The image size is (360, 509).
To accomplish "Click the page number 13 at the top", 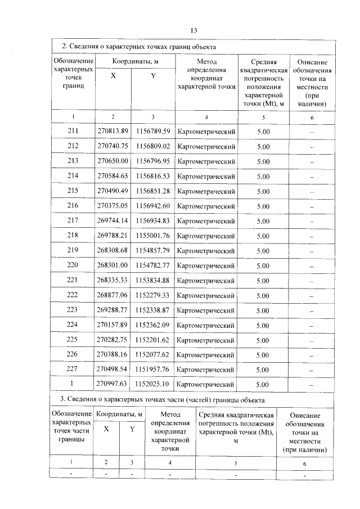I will point(193,30).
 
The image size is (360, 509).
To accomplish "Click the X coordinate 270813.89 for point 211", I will point(113,132).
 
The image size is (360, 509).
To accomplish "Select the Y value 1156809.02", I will point(152,146).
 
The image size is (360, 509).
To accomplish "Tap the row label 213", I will point(73,161).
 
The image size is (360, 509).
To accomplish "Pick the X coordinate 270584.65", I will point(113,176).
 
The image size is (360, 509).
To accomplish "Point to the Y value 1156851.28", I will point(152,191).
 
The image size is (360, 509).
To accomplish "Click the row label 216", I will point(73,206).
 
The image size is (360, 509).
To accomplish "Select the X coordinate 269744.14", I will point(113,221).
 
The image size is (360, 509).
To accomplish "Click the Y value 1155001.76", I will point(152,236).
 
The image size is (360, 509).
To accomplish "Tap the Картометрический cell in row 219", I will point(206,251).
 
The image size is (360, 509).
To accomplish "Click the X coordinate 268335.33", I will point(113,280).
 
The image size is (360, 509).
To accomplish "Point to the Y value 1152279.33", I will point(152,295).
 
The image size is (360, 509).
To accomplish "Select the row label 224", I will point(73,325).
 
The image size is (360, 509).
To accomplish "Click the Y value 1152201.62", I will point(152,340).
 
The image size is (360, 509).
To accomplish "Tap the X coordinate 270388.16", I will point(113,355).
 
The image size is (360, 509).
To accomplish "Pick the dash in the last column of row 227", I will point(312,370).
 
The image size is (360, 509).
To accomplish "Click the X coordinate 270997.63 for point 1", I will point(113,384).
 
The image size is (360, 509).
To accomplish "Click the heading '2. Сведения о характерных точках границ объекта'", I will point(138,47).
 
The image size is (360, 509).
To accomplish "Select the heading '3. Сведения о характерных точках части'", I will point(162,399).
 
